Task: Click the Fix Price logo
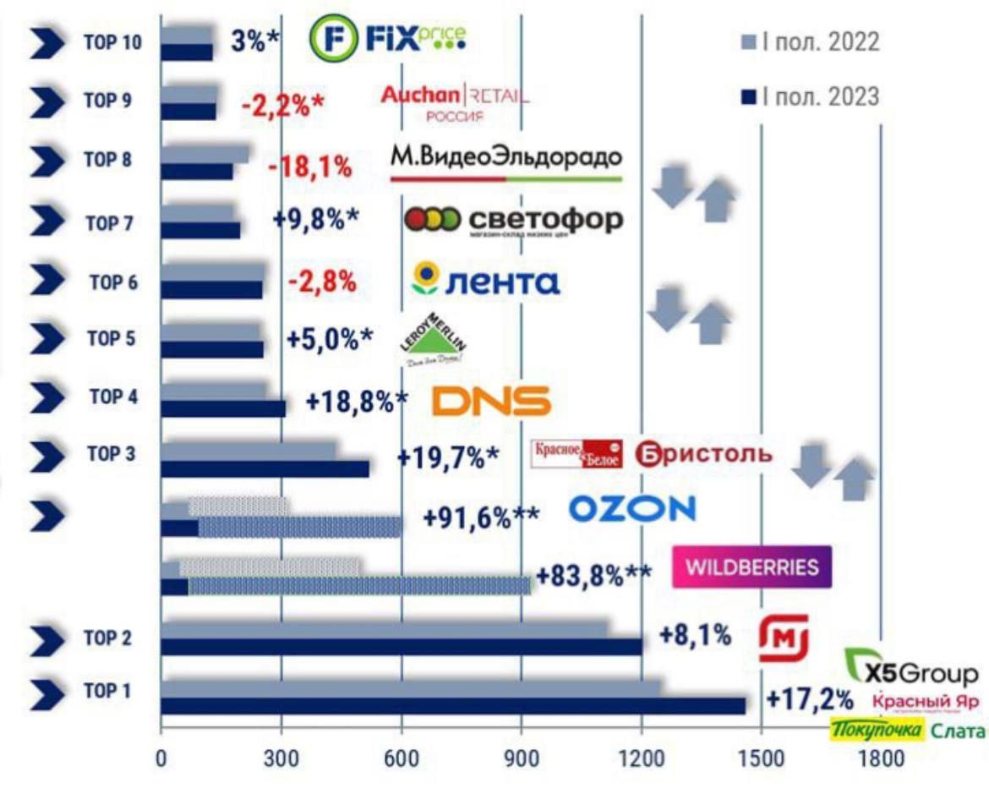coord(388,38)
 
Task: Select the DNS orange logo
coord(491,401)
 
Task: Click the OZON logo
coord(632,508)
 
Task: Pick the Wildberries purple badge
coord(751,566)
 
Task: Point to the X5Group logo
coord(913,668)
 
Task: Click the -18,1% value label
coord(309,167)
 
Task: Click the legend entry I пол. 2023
coord(810,97)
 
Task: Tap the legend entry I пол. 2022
coord(810,42)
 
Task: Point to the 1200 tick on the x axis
coord(642,757)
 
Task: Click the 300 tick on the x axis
coord(281,757)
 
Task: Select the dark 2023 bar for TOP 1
coord(453,705)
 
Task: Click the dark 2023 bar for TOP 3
coord(265,468)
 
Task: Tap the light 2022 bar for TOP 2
coord(384,628)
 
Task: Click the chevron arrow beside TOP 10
coord(48,43)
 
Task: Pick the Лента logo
coord(484,281)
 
